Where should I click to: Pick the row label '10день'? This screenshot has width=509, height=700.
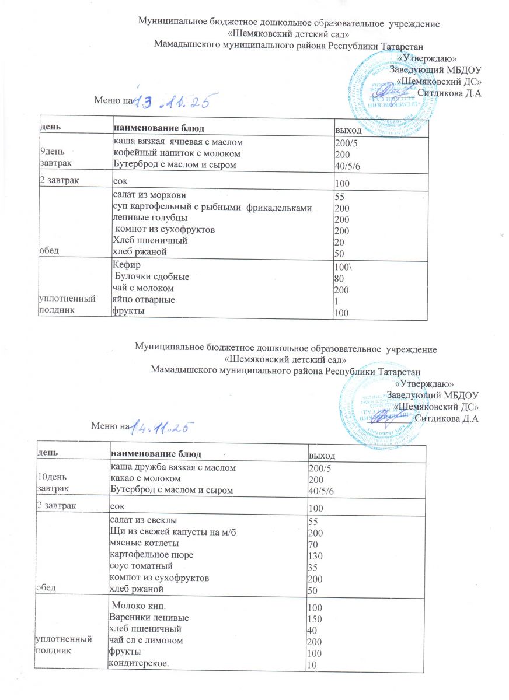pyautogui.click(x=51, y=479)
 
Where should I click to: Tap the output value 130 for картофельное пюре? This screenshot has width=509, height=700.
pyautogui.click(x=315, y=554)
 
